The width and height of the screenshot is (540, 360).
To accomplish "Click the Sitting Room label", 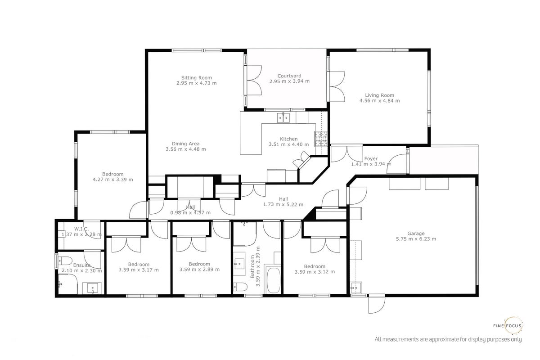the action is tap(197, 78).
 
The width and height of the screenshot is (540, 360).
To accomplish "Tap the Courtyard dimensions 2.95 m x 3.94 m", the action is tap(289, 81).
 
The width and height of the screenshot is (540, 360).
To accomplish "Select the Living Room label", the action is tap(379, 95).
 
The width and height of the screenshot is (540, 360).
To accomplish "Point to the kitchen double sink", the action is tap(283, 118).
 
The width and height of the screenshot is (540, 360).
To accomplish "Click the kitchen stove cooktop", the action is tap(321, 139).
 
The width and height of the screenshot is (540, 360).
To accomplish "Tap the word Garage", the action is tap(416, 234).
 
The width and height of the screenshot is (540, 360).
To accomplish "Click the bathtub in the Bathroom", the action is tap(273, 280).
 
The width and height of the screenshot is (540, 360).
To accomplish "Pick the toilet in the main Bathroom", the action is tap(240, 287).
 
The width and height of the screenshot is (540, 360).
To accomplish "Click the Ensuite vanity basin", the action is tap(93, 288).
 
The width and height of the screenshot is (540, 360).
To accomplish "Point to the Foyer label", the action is tap(371, 159).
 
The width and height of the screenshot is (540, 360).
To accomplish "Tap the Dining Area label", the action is tap(185, 144).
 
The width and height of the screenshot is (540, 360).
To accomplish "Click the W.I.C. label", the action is tap(81, 229).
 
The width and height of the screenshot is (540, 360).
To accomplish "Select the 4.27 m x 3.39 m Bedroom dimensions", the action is tap(113, 180).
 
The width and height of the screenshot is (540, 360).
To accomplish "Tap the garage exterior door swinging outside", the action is tap(377, 304).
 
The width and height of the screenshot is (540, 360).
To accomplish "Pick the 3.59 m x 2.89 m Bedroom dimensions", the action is tap(199, 270).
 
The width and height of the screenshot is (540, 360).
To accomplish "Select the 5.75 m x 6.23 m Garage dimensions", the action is tap(416, 239).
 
